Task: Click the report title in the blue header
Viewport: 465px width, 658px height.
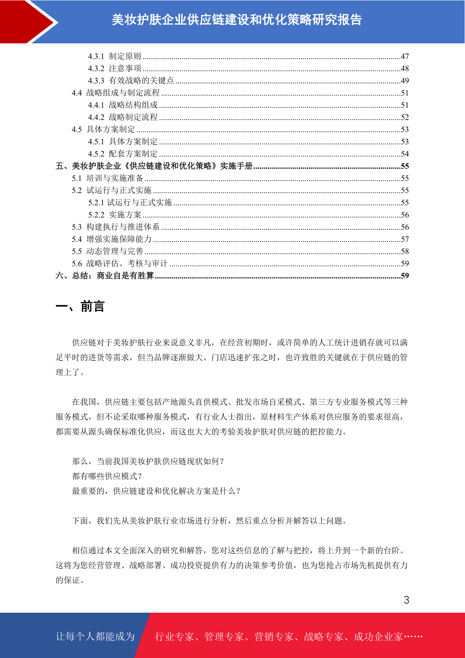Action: (x=237, y=20)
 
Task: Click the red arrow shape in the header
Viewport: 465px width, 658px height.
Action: (x=27, y=21)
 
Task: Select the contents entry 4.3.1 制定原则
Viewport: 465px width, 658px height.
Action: (x=114, y=56)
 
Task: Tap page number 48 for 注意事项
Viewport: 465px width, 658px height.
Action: (x=404, y=68)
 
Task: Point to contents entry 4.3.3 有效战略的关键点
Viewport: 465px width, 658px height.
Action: (x=131, y=80)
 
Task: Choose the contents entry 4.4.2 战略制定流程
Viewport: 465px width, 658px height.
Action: (x=123, y=117)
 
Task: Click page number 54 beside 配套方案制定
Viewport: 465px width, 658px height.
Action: (x=404, y=154)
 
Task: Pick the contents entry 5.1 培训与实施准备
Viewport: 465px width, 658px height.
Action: (x=107, y=178)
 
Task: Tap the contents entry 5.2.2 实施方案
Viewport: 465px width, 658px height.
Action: (x=114, y=215)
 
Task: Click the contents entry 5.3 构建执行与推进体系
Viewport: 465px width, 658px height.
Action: (x=116, y=227)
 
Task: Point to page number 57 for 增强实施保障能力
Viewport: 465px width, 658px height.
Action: (x=404, y=239)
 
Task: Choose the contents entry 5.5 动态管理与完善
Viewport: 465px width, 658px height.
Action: (x=107, y=251)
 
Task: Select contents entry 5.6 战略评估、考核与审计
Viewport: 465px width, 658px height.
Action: (x=119, y=264)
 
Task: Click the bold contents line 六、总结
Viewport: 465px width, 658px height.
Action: (x=105, y=276)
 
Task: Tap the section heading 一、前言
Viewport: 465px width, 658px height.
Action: (x=80, y=306)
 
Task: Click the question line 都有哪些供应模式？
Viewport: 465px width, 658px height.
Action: (x=107, y=476)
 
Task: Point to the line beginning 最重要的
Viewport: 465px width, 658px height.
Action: (x=156, y=491)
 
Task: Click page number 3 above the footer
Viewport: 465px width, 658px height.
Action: (x=406, y=600)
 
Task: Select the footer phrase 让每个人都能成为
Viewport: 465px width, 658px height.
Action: (x=95, y=637)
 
